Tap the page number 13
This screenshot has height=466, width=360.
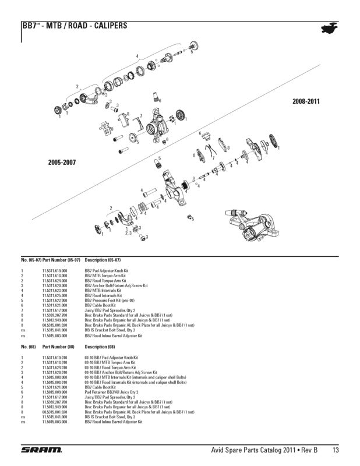coord(336,450)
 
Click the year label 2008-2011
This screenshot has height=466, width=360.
coord(306,101)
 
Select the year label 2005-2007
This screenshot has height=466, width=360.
coord(62,161)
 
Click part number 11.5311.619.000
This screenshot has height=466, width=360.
coord(55,271)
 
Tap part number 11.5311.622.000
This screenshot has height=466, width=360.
coord(55,300)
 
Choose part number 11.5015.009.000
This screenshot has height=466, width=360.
coord(55,392)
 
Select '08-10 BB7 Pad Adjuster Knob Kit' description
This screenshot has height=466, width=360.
coord(111,357)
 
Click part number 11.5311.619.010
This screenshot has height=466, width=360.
coord(55,357)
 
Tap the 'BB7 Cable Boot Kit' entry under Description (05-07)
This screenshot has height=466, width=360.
coord(100,305)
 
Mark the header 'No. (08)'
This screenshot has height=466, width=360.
coord(28,346)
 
